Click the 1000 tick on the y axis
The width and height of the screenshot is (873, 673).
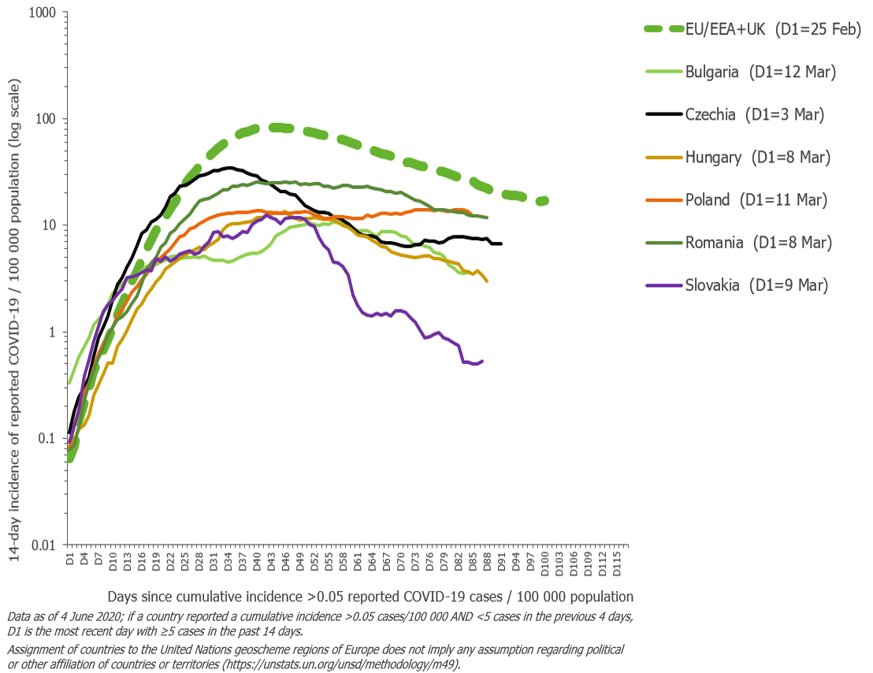39,13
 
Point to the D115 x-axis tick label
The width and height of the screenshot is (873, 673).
615,563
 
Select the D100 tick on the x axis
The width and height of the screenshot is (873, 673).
543,563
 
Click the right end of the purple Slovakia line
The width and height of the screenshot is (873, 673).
482,361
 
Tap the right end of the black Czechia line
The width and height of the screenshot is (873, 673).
501,244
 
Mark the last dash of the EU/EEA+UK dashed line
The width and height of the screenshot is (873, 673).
542,202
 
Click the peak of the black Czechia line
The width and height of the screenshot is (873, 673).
228,167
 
